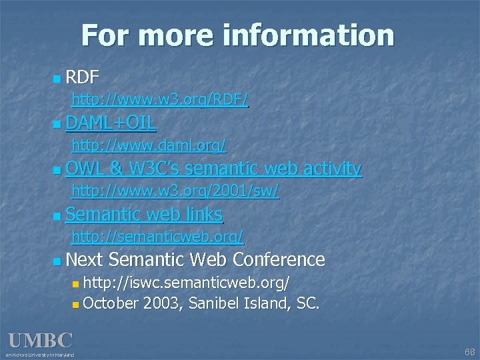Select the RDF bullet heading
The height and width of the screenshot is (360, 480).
pyautogui.click(x=83, y=78)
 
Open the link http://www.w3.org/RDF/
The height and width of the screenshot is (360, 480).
pyautogui.click(x=160, y=100)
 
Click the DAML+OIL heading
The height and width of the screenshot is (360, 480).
pyautogui.click(x=111, y=123)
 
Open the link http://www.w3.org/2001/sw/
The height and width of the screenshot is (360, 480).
pyautogui.click(x=175, y=191)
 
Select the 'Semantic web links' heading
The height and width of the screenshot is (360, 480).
pyautogui.click(x=144, y=214)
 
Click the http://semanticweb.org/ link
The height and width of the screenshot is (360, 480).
pyautogui.click(x=157, y=236)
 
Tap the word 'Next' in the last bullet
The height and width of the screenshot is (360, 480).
pyautogui.click(x=85, y=259)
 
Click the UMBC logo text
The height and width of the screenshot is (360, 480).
pyautogui.click(x=40, y=341)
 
